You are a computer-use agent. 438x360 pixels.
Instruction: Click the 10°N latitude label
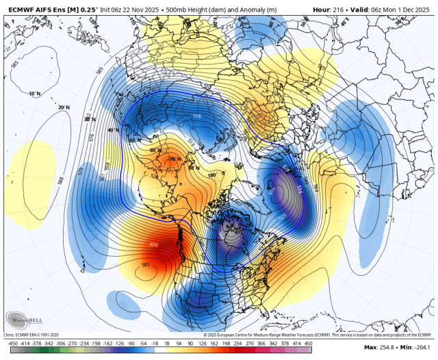pos(34,93)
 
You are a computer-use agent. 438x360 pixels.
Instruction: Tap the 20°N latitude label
pos(64,107)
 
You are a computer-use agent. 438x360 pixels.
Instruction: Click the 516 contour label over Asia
pos(198,117)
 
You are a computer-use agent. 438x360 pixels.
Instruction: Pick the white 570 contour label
pos(155,244)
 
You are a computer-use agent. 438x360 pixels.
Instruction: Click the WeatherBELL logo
pos(21,318)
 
